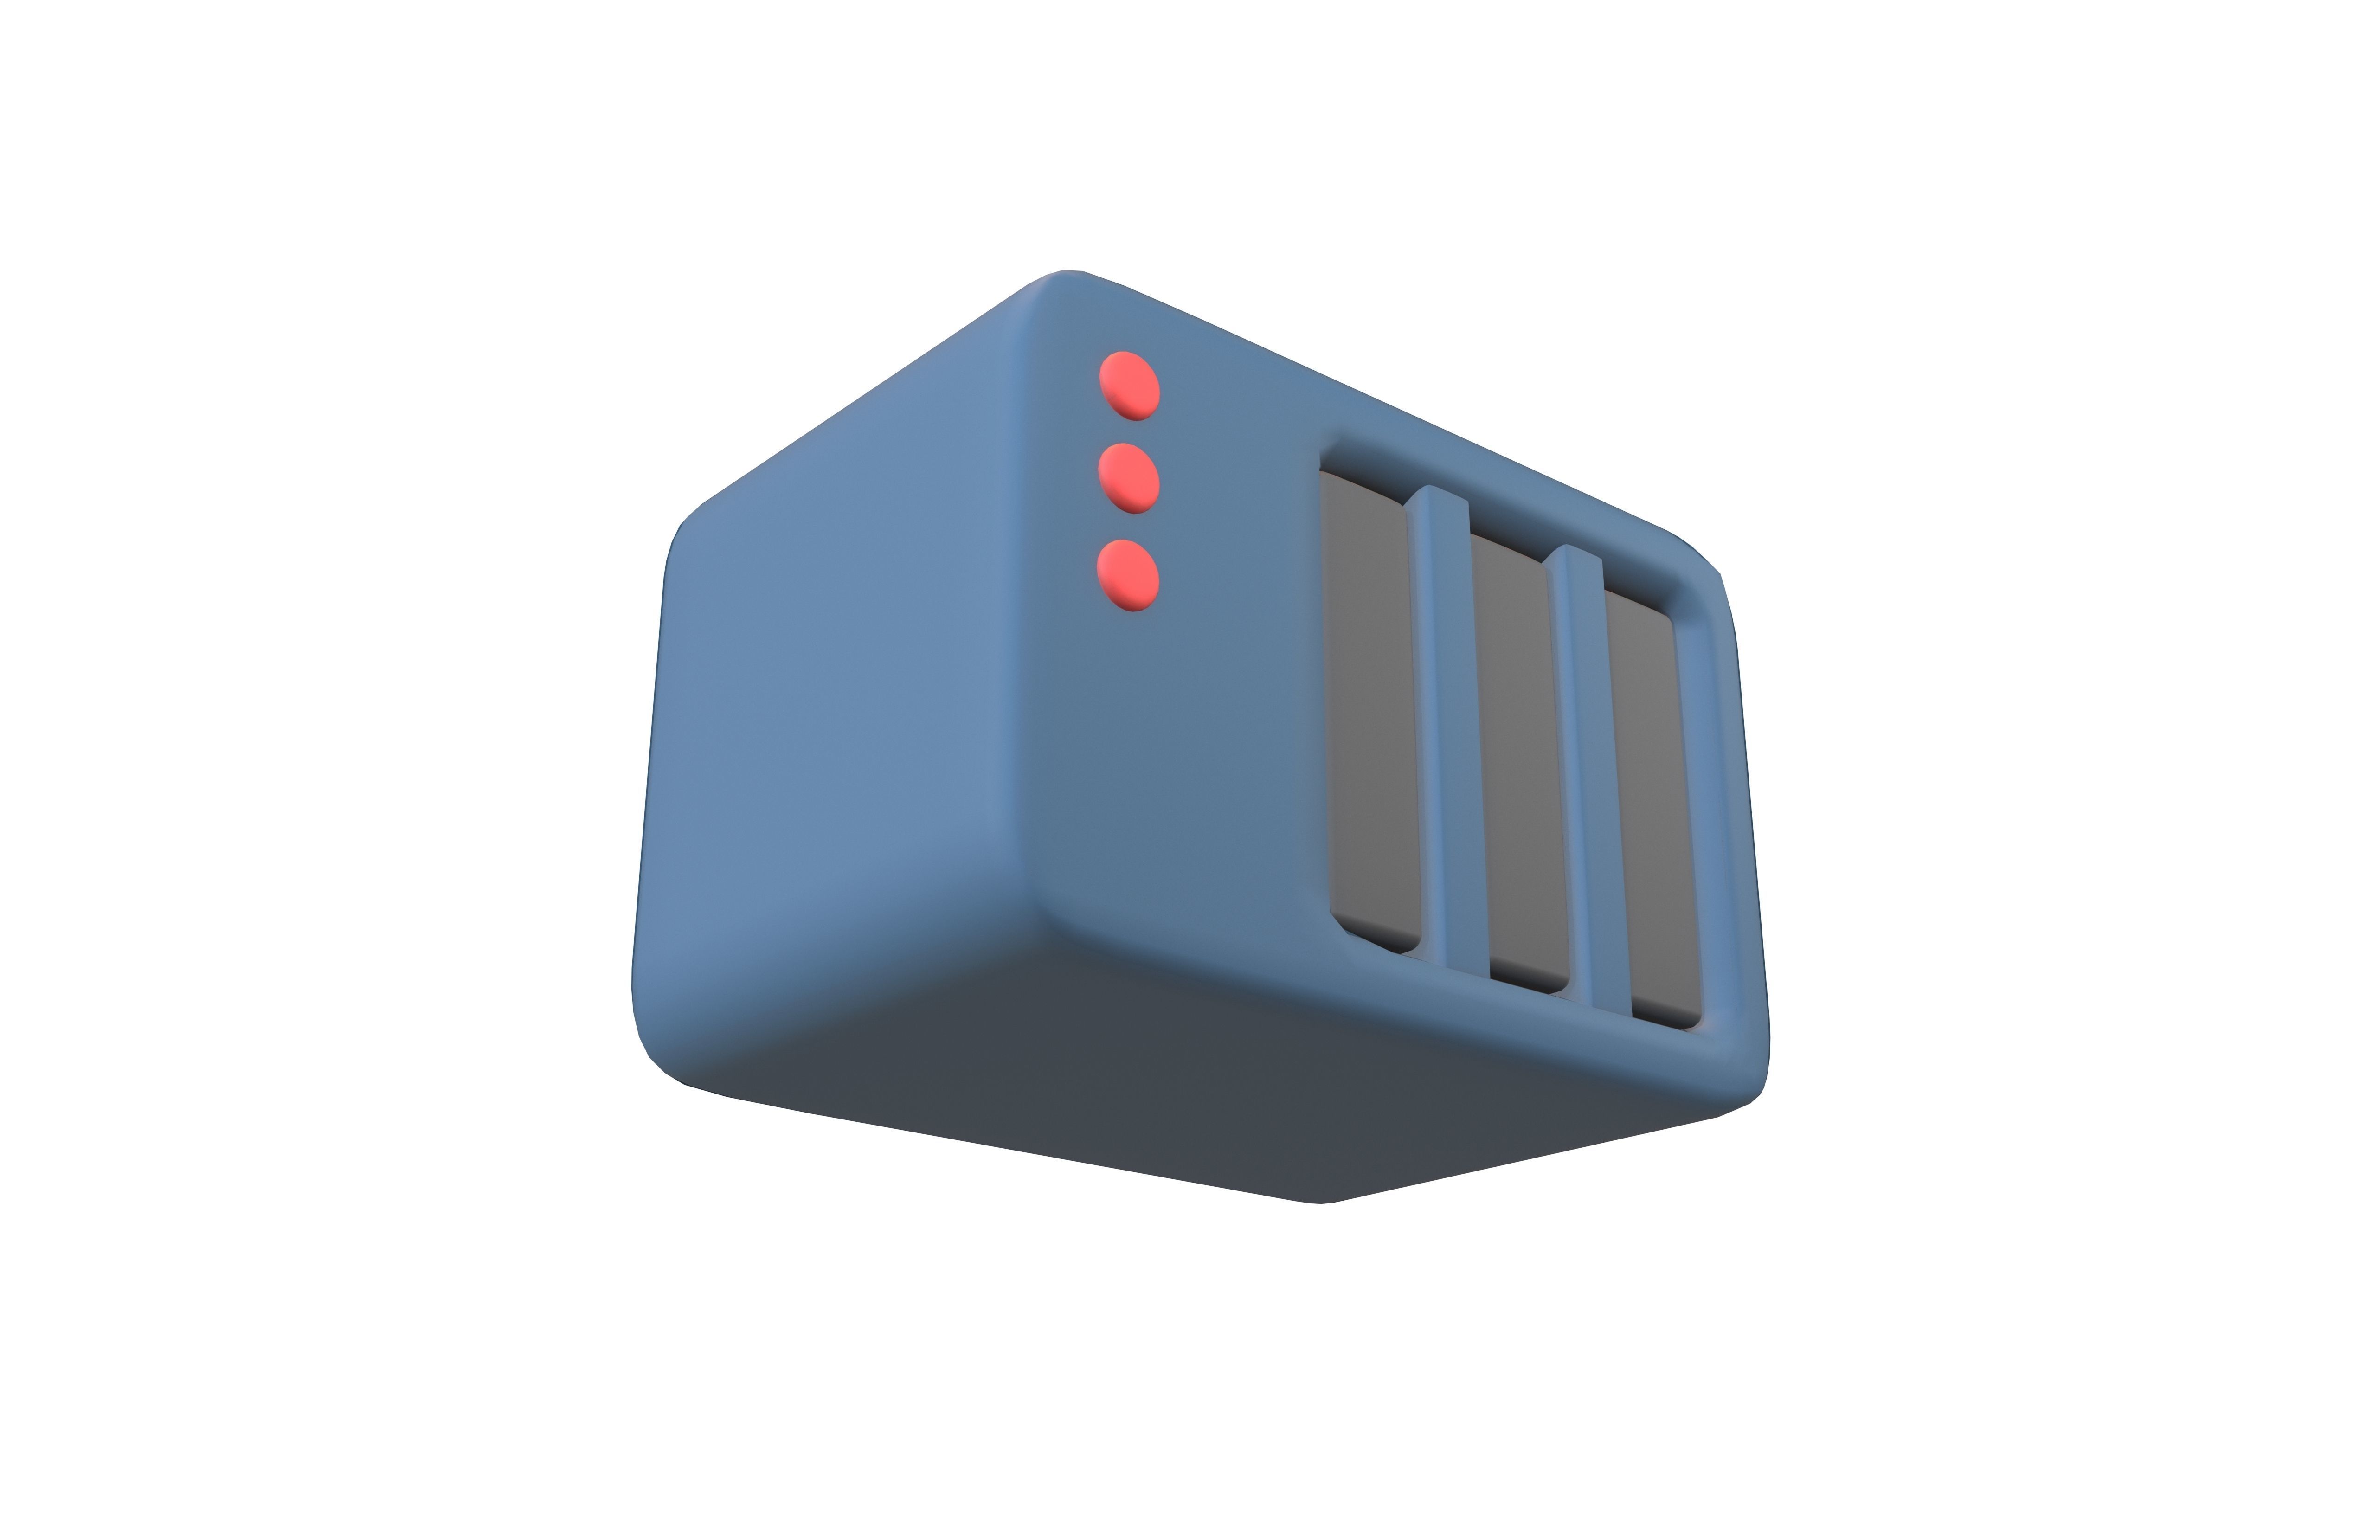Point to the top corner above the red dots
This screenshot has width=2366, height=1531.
tap(1064, 283)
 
